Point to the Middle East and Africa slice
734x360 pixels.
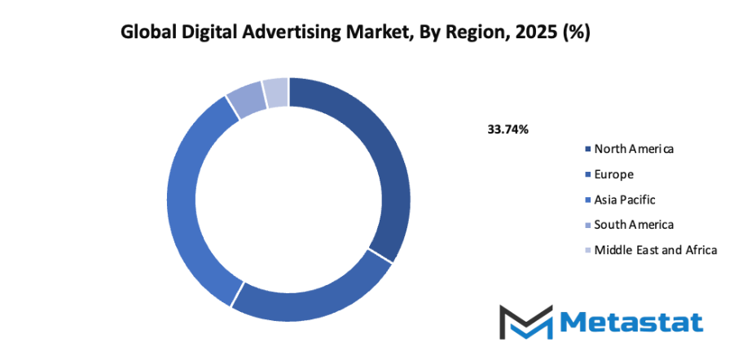275,90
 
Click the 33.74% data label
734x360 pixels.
508,129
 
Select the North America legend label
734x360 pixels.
634,148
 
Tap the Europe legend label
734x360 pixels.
613,173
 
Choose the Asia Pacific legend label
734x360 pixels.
624,199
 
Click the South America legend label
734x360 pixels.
634,224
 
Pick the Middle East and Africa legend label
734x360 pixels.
655,249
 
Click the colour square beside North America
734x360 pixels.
587,149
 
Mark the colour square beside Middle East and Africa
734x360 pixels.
587,250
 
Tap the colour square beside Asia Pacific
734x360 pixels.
587,200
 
